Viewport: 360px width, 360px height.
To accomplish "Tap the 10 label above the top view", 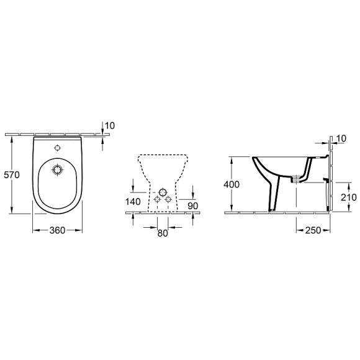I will pyautogui.click(x=110, y=126).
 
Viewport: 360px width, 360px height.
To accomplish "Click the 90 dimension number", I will pyautogui.click(x=193, y=205).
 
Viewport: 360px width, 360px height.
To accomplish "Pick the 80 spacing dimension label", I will pyautogui.click(x=162, y=234).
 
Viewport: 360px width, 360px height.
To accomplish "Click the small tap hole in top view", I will pyautogui.click(x=58, y=148).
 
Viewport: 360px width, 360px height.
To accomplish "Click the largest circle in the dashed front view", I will pyautogui.click(x=163, y=191).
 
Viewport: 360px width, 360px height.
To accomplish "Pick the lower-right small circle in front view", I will pyautogui.click(x=169, y=199).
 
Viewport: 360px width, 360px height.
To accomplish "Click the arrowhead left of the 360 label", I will pyautogui.click(x=35, y=230).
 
